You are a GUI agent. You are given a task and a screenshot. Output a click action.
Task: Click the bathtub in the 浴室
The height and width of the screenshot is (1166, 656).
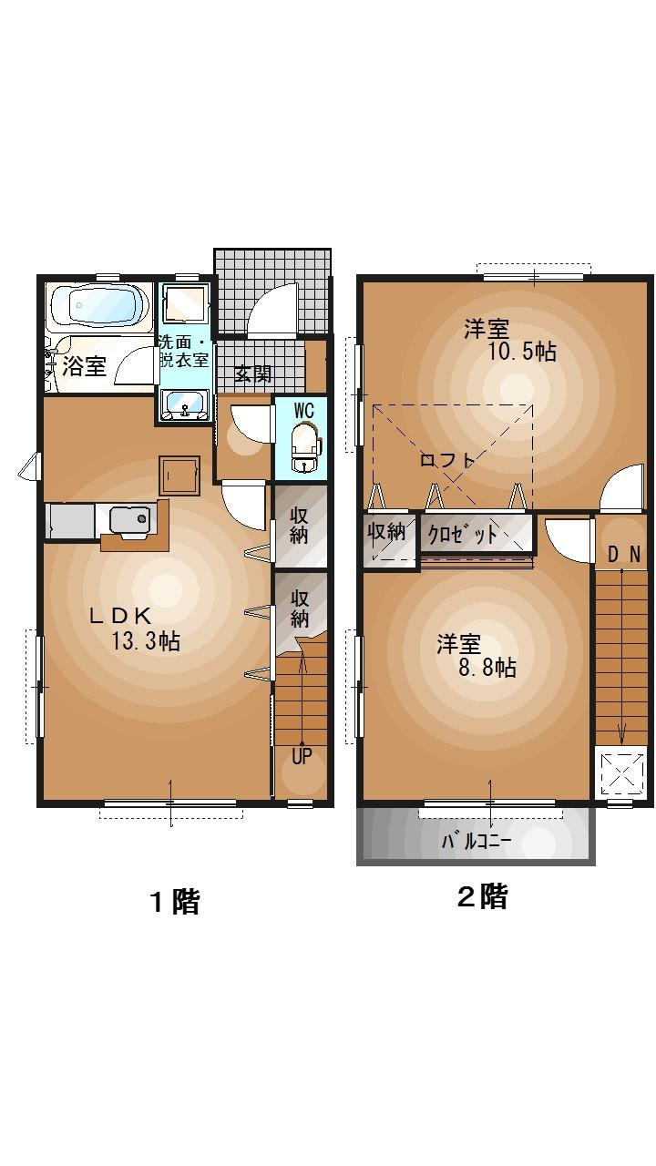click(x=100, y=305)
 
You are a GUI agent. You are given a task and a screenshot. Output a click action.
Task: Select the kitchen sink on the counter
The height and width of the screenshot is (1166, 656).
click(x=128, y=520)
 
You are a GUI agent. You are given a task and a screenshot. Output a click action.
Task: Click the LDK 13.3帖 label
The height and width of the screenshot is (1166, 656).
click(x=137, y=629)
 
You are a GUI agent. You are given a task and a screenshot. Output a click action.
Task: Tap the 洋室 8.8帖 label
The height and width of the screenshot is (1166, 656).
click(x=474, y=656)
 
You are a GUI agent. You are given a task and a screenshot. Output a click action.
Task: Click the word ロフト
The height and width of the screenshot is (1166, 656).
click(x=446, y=461)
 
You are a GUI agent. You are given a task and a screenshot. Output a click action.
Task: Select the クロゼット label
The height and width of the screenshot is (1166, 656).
click(x=464, y=534)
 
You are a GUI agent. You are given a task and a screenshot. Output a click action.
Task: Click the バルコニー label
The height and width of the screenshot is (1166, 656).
click(x=477, y=841)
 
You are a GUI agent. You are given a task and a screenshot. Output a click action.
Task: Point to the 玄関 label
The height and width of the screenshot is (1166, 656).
click(x=253, y=373)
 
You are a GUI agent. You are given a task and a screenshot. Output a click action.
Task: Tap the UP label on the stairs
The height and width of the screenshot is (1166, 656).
click(x=302, y=755)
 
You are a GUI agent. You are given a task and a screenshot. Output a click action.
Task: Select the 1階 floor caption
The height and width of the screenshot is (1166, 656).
click(x=174, y=902)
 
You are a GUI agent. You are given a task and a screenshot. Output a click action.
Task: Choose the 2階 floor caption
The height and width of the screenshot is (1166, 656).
click(x=481, y=897)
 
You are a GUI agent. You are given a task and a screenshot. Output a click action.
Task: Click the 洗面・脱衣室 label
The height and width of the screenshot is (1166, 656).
click(x=183, y=351)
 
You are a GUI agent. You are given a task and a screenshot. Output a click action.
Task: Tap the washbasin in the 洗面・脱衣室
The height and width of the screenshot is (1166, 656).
click(x=185, y=404)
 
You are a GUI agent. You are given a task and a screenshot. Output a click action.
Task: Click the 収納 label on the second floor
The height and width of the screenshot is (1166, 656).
click(x=386, y=531)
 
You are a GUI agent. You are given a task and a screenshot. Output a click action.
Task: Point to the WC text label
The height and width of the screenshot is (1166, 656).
click(x=303, y=410)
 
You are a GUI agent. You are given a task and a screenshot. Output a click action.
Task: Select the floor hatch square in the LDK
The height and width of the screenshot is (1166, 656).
click(x=179, y=474)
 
